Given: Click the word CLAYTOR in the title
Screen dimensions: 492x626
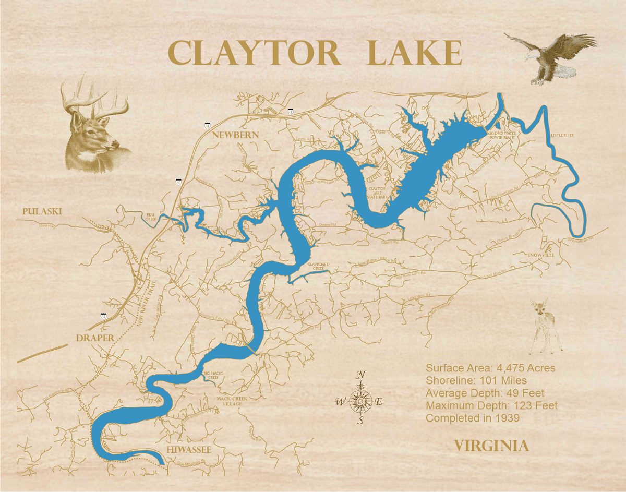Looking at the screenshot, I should [254, 53].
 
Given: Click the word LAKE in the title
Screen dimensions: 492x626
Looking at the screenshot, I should [415, 53].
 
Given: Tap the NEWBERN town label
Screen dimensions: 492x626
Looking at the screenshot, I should [235, 135].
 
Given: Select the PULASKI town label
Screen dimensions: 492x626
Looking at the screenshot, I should [42, 211].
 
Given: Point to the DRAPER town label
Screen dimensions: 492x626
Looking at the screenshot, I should [95, 338].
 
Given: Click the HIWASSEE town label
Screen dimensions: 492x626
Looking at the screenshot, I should [188, 450].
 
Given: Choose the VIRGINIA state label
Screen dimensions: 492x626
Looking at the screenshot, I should [491, 446].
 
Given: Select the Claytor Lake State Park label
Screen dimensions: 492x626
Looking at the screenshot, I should [377, 193].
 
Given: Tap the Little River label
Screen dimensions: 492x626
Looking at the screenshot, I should [562, 135].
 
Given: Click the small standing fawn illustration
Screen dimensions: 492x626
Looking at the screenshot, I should [546, 326].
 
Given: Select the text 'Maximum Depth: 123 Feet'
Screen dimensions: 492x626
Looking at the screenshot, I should [491, 405].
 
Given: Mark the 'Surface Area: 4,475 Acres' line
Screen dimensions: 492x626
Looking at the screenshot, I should [490, 368].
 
